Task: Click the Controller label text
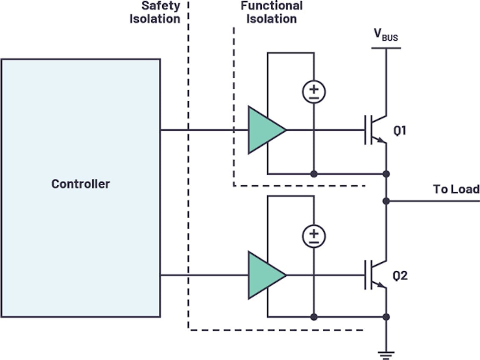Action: pyautogui.click(x=81, y=184)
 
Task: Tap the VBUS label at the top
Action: pyautogui.click(x=385, y=35)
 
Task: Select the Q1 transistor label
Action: pyautogui.click(x=400, y=131)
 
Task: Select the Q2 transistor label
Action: pyautogui.click(x=400, y=275)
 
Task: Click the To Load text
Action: pyautogui.click(x=456, y=189)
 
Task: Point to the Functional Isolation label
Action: pyautogui.click(x=272, y=12)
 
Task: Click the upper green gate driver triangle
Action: pyautogui.click(x=264, y=130)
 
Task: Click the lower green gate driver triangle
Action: pyautogui.click(x=264, y=275)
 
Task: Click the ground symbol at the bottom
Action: pyautogui.click(x=386, y=354)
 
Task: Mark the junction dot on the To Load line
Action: pyautogui.click(x=386, y=201)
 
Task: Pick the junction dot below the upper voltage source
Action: pyautogui.click(x=314, y=174)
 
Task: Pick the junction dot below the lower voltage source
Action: pyautogui.click(x=314, y=317)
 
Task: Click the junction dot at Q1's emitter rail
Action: pyautogui.click(x=386, y=174)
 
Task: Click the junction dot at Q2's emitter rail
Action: pyautogui.click(x=386, y=317)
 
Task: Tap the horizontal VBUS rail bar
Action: pyautogui.click(x=386, y=48)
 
